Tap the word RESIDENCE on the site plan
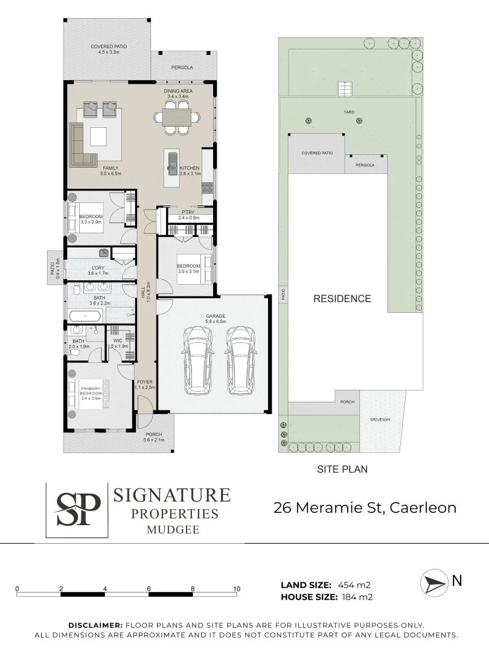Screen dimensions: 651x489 pos(342,298)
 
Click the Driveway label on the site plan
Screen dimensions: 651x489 pos(381,420)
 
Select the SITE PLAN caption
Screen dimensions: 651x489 pos(342,468)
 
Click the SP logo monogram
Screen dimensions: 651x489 pos(78,509)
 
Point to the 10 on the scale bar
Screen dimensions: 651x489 pos(237,589)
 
